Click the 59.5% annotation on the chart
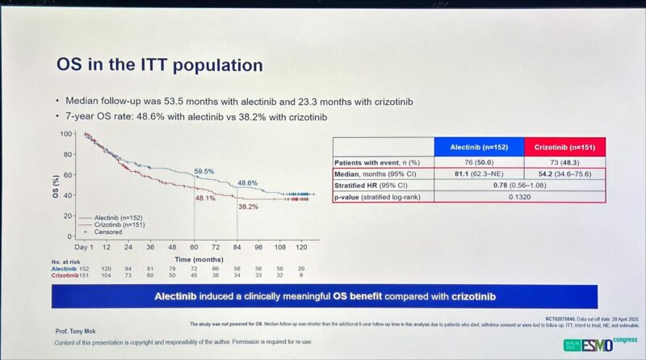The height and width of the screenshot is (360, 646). [203, 171]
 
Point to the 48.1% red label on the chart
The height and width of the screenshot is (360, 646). [204, 199]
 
